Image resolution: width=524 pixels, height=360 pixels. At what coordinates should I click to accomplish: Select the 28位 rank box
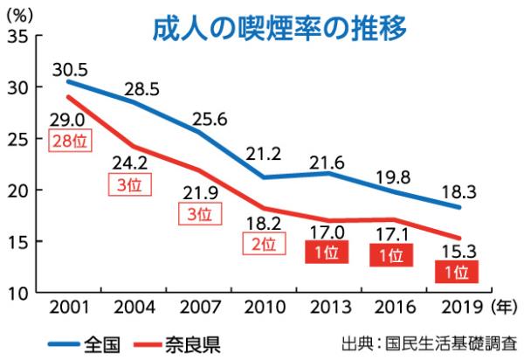click(x=67, y=142)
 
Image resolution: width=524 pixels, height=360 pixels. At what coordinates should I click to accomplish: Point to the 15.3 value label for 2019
click(x=457, y=253)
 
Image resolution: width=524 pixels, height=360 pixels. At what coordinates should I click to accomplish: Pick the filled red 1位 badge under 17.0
click(x=326, y=254)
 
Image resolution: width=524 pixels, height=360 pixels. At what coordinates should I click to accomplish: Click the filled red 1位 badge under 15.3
click(x=457, y=272)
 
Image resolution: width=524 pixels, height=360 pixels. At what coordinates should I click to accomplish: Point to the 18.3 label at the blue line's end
click(x=457, y=188)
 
